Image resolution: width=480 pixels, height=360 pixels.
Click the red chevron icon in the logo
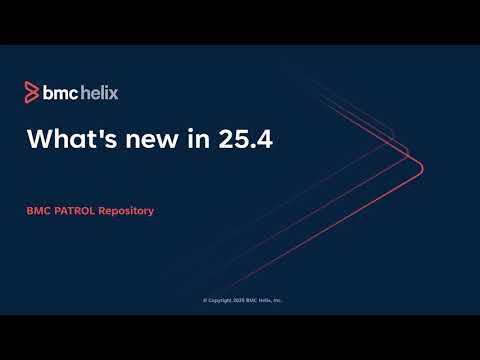[31, 93]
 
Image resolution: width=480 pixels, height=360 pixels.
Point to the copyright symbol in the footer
[205, 299]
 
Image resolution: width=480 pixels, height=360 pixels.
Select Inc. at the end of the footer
[277, 299]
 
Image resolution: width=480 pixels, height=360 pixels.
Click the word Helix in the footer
[264, 299]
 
